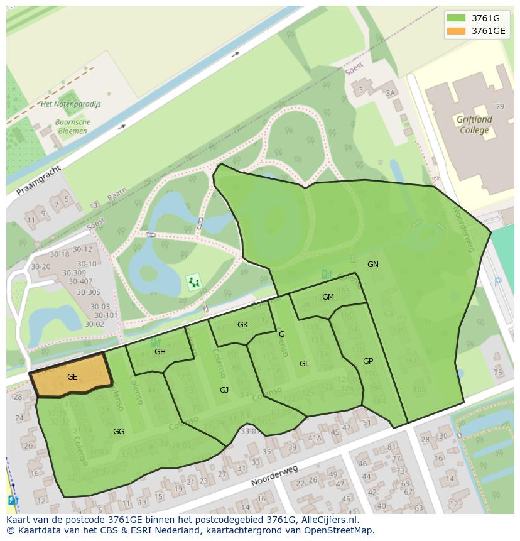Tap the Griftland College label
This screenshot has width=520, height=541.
point(474,124)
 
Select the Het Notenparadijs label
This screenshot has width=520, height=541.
point(70,104)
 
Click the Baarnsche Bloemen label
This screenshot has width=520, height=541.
point(73,126)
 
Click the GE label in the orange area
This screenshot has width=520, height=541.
point(72,376)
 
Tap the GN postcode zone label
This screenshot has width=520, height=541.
point(373,265)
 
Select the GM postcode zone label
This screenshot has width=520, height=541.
point(328,297)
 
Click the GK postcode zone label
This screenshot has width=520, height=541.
point(242,325)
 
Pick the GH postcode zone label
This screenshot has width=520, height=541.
point(160,352)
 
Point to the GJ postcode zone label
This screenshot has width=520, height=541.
point(224,390)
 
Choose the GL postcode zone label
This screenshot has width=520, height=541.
point(304,364)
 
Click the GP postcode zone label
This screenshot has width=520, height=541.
point(368,361)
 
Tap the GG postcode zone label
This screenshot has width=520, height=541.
point(119,432)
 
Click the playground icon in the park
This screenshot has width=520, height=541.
point(194,282)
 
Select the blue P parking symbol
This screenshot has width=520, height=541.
point(498,282)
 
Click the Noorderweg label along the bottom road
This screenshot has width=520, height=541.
point(274,476)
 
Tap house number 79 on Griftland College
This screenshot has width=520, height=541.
point(500,107)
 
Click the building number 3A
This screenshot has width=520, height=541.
point(391,93)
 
